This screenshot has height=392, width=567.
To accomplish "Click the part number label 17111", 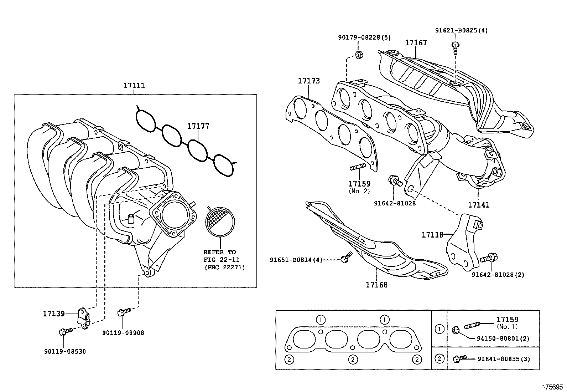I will click(x=134, y=86).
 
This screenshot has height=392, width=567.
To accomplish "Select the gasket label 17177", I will click(x=198, y=126).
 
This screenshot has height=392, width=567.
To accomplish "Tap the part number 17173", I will click(x=309, y=81).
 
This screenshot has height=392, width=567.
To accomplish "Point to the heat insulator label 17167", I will click(x=416, y=43).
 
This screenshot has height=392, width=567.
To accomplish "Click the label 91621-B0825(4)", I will click(x=461, y=31).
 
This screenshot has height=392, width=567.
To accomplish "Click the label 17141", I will click(x=478, y=205).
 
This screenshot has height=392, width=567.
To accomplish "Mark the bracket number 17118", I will click(x=432, y=235).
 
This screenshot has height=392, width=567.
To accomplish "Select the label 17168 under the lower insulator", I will click(x=376, y=285).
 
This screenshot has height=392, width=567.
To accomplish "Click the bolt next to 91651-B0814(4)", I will click(x=345, y=258).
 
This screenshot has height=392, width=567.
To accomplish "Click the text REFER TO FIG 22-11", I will click(x=219, y=256).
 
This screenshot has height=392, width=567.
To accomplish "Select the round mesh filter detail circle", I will click(x=220, y=222).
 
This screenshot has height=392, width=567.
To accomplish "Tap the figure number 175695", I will click(x=552, y=387).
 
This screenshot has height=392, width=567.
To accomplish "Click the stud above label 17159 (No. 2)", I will click(x=358, y=166).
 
